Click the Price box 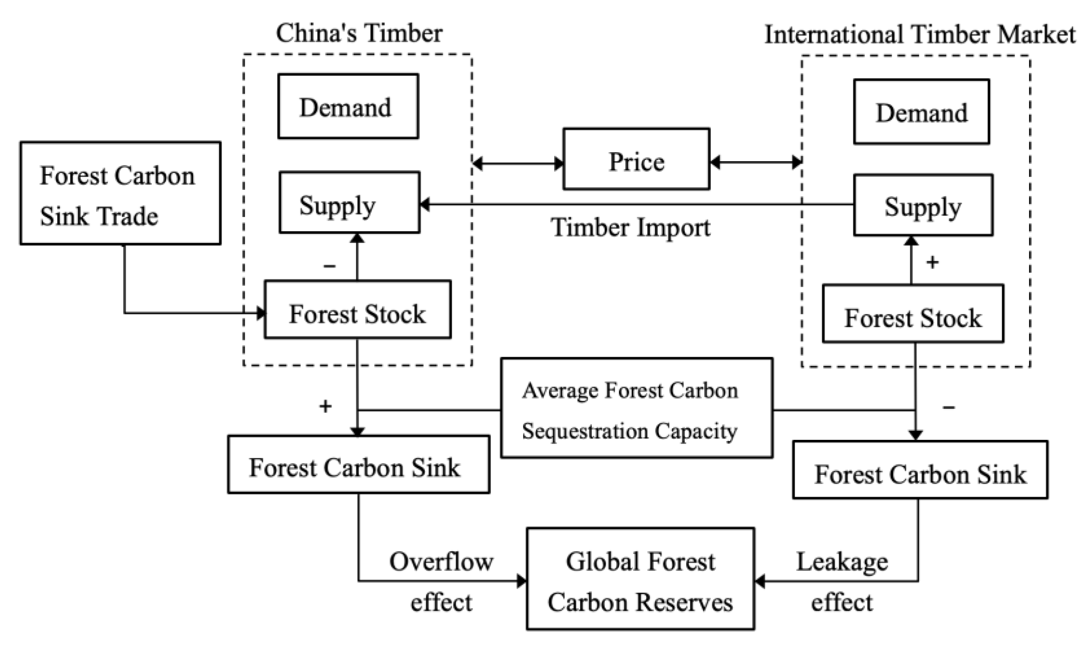click(x=636, y=159)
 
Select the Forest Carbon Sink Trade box click(x=120, y=193)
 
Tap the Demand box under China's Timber click(x=348, y=107)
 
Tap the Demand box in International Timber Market click(x=921, y=112)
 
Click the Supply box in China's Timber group click(x=349, y=202)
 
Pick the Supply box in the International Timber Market click(x=922, y=205)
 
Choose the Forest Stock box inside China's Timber click(x=358, y=310)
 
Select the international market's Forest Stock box click(x=912, y=314)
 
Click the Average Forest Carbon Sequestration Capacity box click(x=636, y=408)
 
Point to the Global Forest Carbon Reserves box click(x=640, y=579)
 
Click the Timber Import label click(x=630, y=228)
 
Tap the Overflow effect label click(x=440, y=582)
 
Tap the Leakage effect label click(x=842, y=582)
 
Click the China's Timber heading click(x=359, y=34)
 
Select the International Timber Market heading click(x=919, y=35)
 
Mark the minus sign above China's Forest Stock click(x=329, y=266)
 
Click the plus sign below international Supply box click(x=932, y=263)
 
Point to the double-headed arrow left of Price click(x=518, y=164)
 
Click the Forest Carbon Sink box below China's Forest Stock click(x=359, y=464)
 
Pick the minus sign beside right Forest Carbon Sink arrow click(x=948, y=408)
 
